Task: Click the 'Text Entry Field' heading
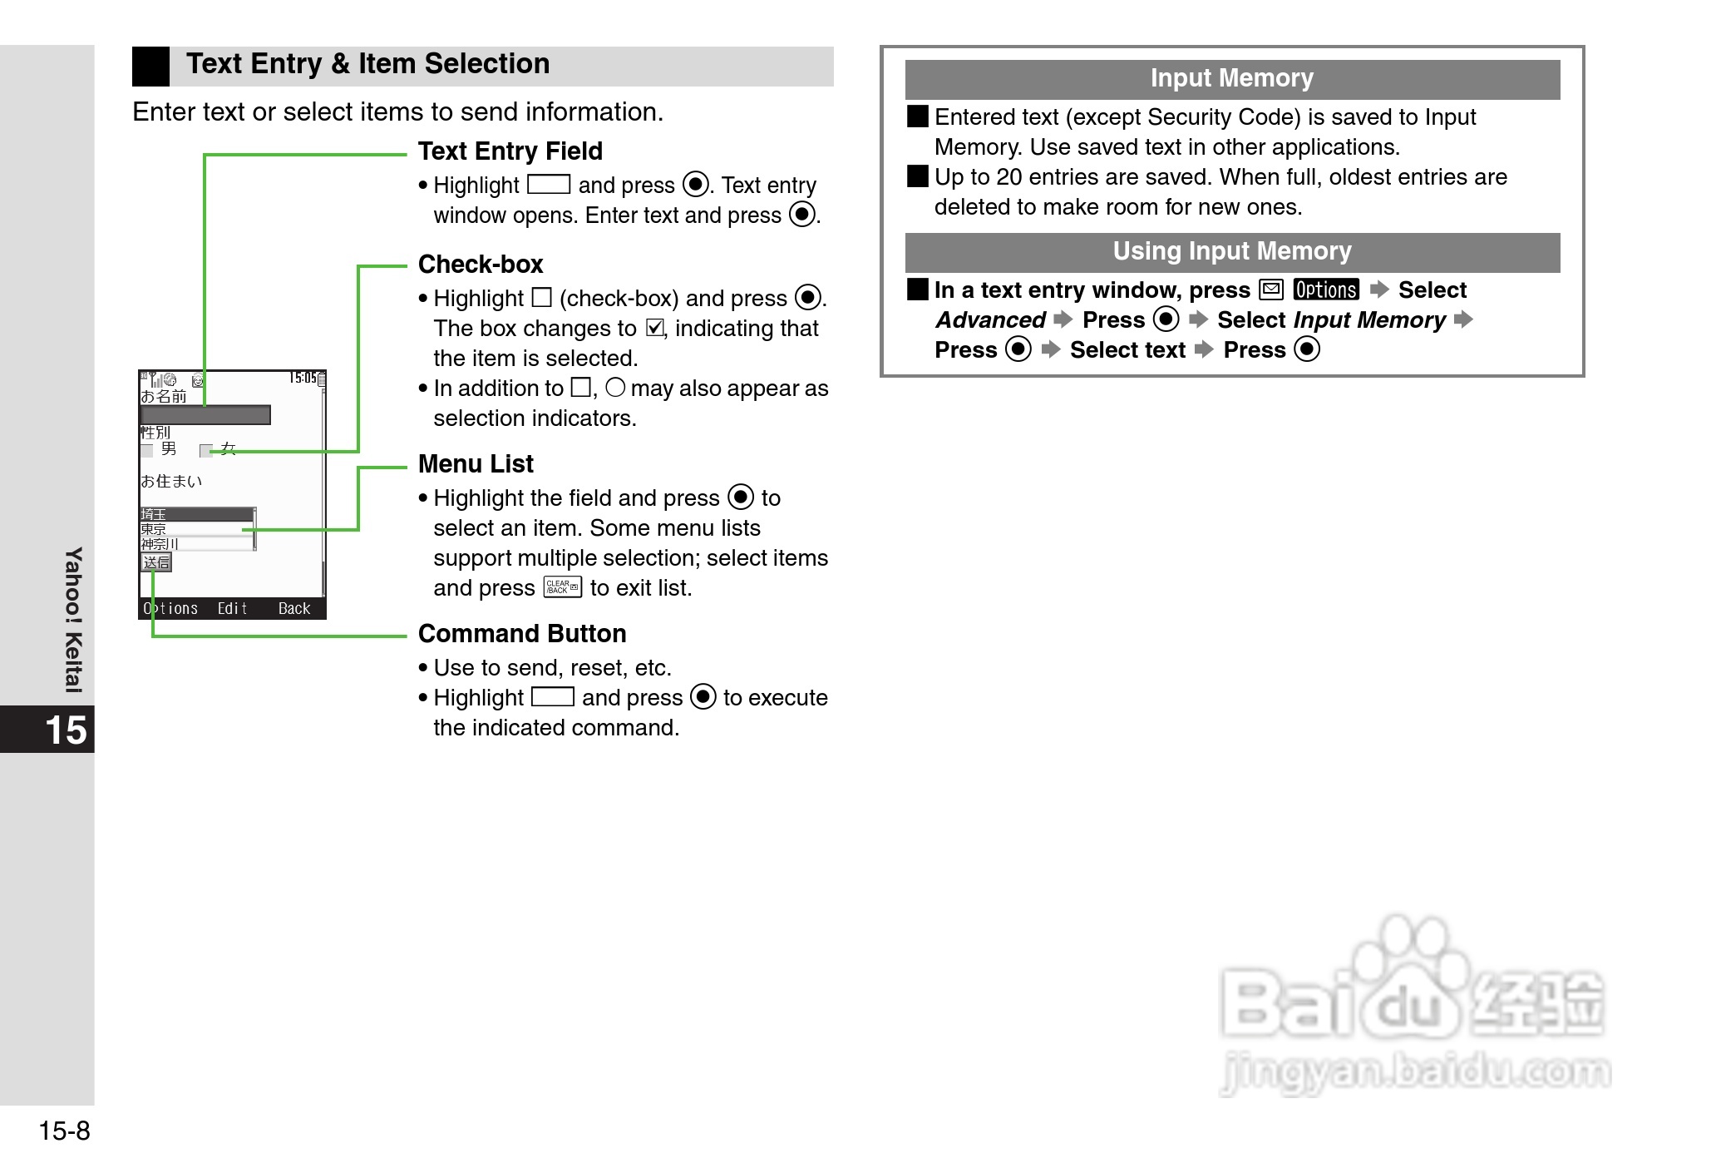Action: click(x=510, y=151)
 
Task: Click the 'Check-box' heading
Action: click(x=481, y=265)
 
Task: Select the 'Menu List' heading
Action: click(x=476, y=464)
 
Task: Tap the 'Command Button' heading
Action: click(x=522, y=634)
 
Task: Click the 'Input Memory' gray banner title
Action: click(x=1231, y=79)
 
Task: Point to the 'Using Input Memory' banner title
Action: click(x=1231, y=252)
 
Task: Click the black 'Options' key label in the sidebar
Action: click(x=1326, y=290)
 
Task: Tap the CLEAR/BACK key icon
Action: click(x=562, y=587)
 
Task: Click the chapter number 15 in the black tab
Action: click(x=65, y=730)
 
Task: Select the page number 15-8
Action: click(x=64, y=1131)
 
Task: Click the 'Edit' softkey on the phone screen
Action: click(x=232, y=609)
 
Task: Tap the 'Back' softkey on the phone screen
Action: click(x=293, y=609)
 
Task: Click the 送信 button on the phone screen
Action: click(x=156, y=563)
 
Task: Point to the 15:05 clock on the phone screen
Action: click(x=303, y=379)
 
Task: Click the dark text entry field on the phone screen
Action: click(x=205, y=415)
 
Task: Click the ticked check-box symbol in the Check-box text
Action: click(x=655, y=329)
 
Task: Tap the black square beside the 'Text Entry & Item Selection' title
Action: click(x=150, y=67)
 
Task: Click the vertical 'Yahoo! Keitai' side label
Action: click(x=74, y=620)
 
